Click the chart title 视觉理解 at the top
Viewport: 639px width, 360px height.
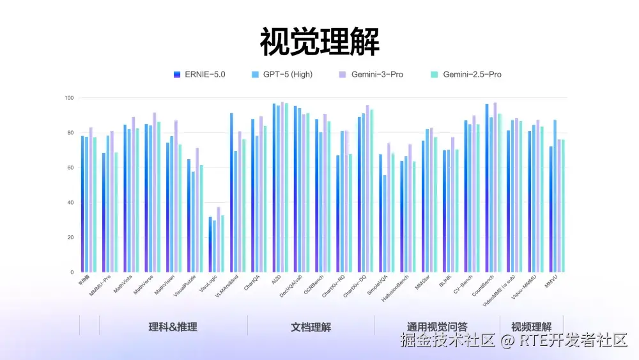pos(319,42)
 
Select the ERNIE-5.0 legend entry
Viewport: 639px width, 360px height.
pos(200,75)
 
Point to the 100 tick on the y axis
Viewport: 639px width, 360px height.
pos(69,98)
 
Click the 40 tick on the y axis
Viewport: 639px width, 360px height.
pos(70,203)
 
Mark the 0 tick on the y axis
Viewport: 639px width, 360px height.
pos(72,272)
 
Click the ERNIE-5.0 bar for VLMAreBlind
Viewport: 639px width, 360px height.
pos(231,192)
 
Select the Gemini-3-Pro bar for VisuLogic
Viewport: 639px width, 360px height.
pos(219,239)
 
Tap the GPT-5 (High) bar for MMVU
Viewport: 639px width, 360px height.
pos(555,196)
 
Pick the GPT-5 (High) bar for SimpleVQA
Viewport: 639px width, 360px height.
pos(385,223)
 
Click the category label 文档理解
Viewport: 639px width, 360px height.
pos(311,327)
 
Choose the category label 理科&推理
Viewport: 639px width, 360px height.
pos(173,327)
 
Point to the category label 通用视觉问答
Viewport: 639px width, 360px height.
pos(437,327)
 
